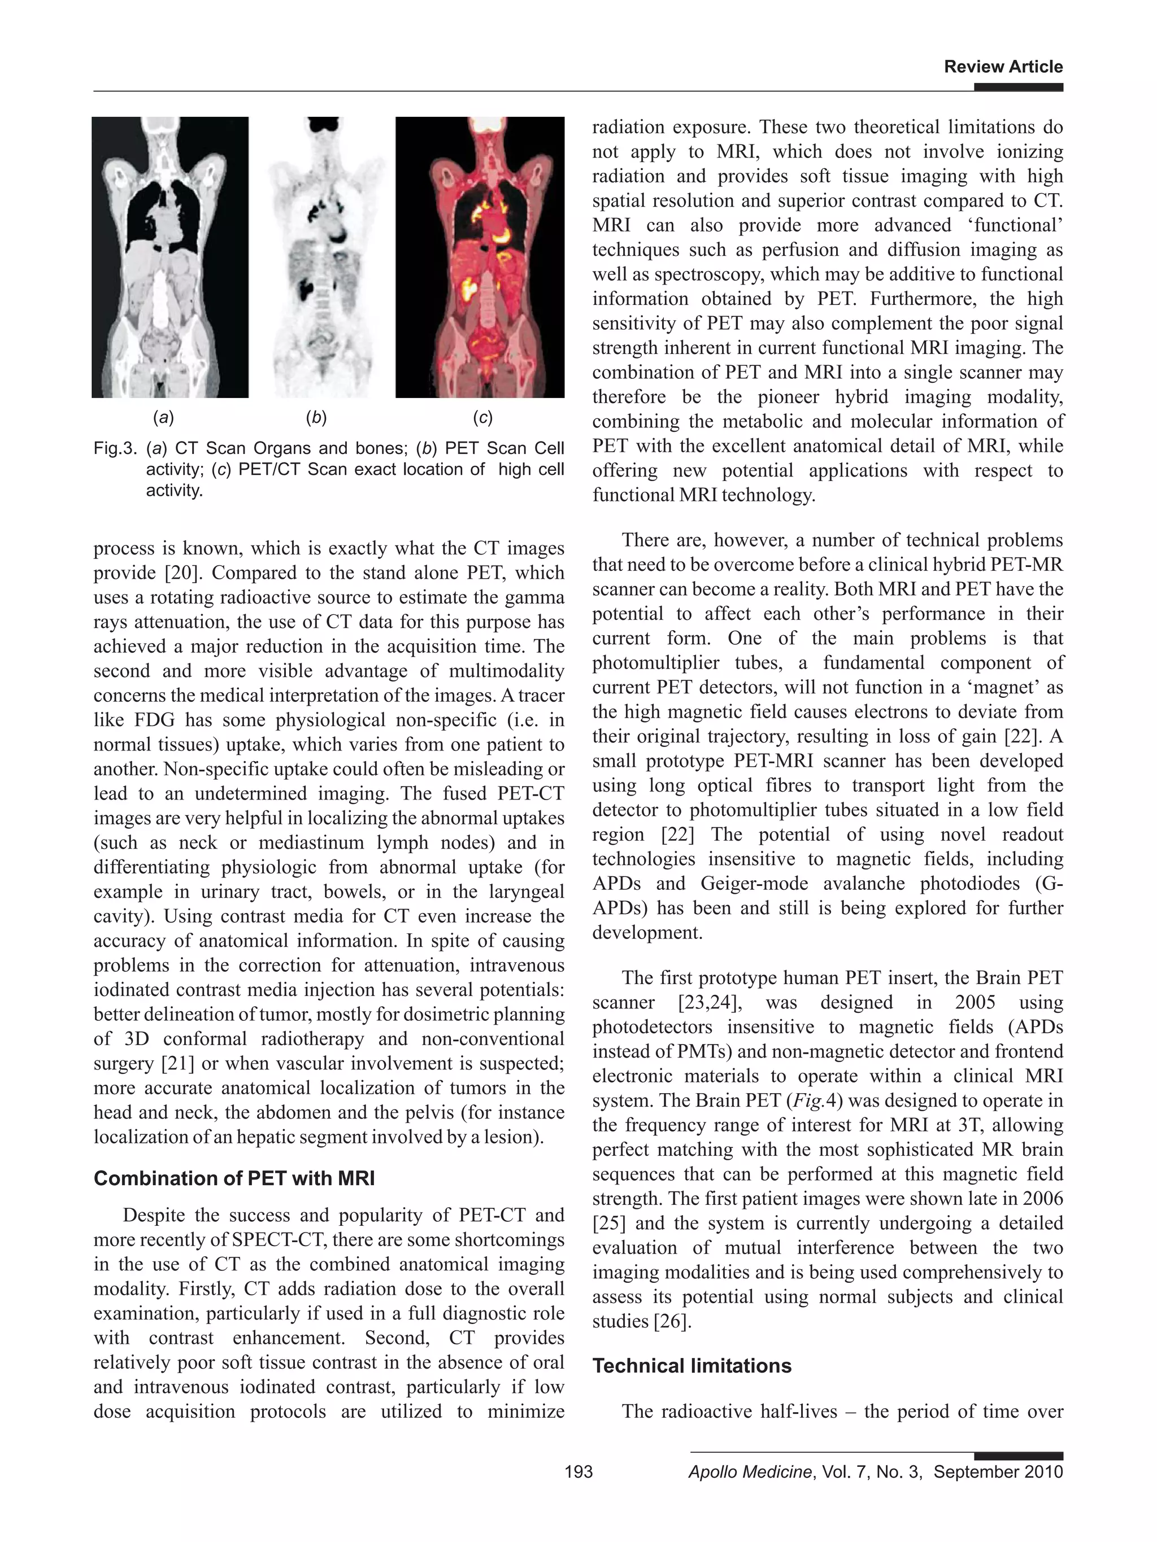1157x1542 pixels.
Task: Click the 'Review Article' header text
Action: point(1003,67)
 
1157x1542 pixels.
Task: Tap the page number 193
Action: point(578,1471)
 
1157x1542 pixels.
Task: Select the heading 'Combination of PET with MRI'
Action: point(234,1178)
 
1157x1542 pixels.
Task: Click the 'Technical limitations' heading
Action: point(692,1365)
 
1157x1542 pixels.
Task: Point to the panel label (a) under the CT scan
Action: point(163,418)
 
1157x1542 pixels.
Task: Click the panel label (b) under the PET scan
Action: point(316,418)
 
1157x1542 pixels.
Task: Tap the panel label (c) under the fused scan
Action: point(482,418)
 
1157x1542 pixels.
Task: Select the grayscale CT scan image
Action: point(170,257)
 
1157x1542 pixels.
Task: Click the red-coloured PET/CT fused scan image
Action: point(480,257)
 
